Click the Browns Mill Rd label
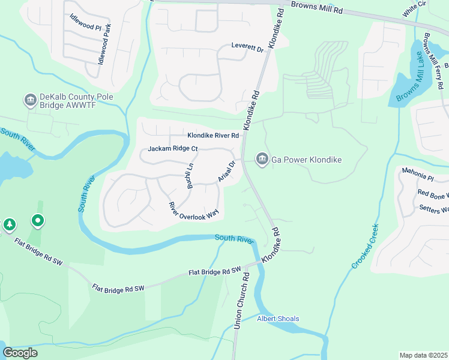tap(316, 8)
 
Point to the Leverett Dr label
tap(248, 47)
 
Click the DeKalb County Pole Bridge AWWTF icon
tap(30, 100)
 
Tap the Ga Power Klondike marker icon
tap(262, 159)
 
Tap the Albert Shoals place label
tap(278, 319)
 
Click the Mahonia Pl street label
tap(418, 177)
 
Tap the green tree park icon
tap(10, 224)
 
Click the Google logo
tap(20, 352)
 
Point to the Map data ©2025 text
tap(423, 355)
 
